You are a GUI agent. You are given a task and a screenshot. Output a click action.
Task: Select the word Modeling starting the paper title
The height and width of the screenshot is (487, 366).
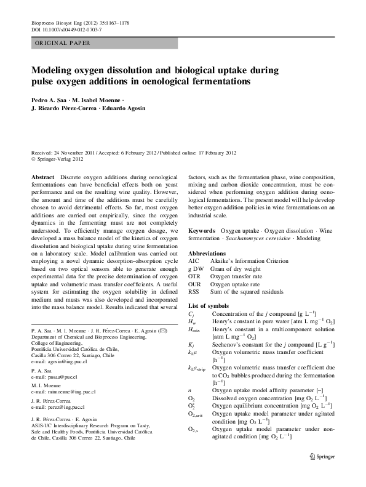tap(57, 70)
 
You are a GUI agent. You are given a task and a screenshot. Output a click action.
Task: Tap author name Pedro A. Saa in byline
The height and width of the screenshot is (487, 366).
tap(50, 100)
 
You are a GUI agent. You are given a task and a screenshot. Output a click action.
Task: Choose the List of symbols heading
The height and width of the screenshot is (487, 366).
tap(209, 306)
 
